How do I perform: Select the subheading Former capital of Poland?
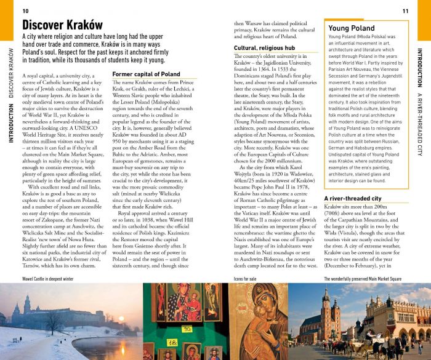click(x=147, y=74)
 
